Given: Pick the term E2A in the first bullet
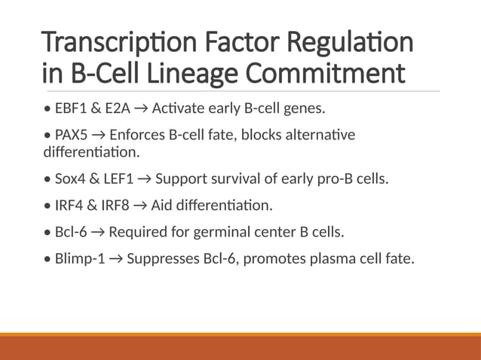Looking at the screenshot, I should point(118,108).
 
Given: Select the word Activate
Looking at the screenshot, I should point(178,108).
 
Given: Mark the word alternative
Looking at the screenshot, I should point(317,135).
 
